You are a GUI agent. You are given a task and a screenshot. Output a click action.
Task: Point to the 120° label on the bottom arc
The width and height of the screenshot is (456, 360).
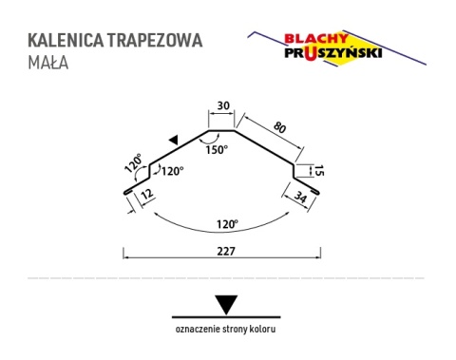pyautogui.click(x=224, y=225)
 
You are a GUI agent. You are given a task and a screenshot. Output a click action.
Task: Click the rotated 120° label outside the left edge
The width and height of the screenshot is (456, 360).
pyautogui.click(x=131, y=164)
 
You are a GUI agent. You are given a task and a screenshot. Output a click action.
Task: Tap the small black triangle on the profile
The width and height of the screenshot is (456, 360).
pyautogui.click(x=173, y=140)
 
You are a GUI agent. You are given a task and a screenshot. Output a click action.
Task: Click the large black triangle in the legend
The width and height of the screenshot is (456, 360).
pyautogui.click(x=225, y=304)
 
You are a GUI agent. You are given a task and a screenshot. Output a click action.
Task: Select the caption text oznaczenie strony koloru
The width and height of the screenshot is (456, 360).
pyautogui.click(x=226, y=330)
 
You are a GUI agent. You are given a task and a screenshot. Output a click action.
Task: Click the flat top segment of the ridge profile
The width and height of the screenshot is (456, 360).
pyautogui.click(x=221, y=131)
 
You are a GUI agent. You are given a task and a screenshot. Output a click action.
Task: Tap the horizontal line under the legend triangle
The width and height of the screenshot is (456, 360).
pyautogui.click(x=225, y=315)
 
